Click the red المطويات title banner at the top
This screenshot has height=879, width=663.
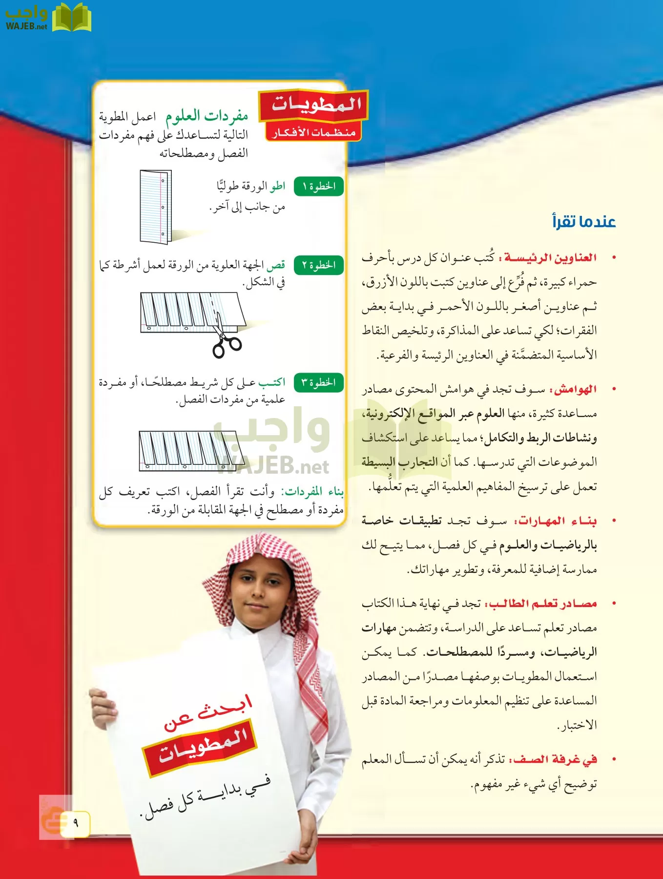pos(315,105)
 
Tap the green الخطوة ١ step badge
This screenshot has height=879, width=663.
pos(319,187)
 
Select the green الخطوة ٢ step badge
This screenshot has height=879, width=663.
pos(319,265)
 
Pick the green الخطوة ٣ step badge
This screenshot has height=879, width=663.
pos(319,382)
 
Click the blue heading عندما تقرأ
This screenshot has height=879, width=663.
pos(584,222)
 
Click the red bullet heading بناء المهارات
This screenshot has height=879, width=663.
pos(557,521)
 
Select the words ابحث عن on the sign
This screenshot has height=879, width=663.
pos(207,713)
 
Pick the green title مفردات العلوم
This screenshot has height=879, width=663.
pos(207,116)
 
